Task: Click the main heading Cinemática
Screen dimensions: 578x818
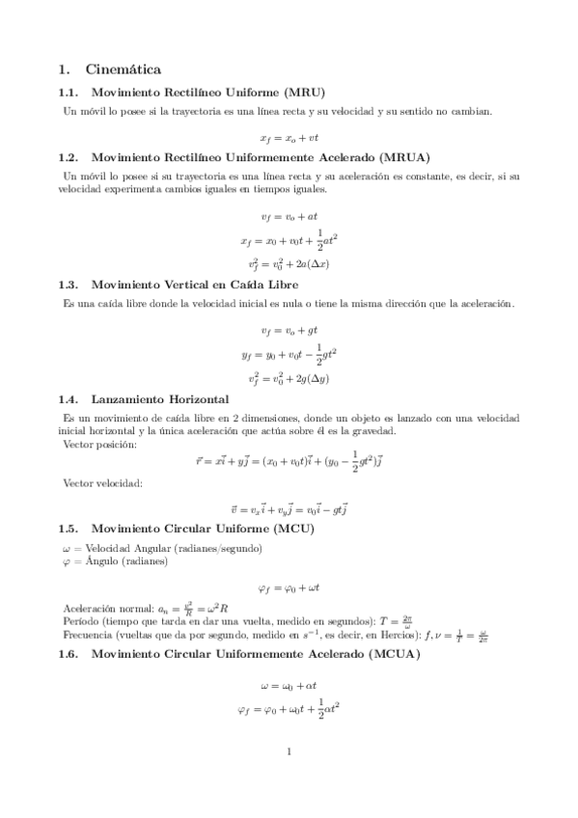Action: click(123, 69)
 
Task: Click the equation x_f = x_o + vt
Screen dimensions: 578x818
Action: click(289, 138)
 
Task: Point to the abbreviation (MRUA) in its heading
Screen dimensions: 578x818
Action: click(404, 157)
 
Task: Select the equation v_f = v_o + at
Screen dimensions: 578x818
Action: click(289, 216)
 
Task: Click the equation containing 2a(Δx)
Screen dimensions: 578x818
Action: click(289, 262)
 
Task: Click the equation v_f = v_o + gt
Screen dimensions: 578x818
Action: click(289, 330)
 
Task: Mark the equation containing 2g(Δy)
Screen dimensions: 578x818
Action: click(289, 377)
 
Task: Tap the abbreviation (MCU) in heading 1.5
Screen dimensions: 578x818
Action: click(293, 529)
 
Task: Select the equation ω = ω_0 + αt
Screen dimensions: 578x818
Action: click(289, 687)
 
